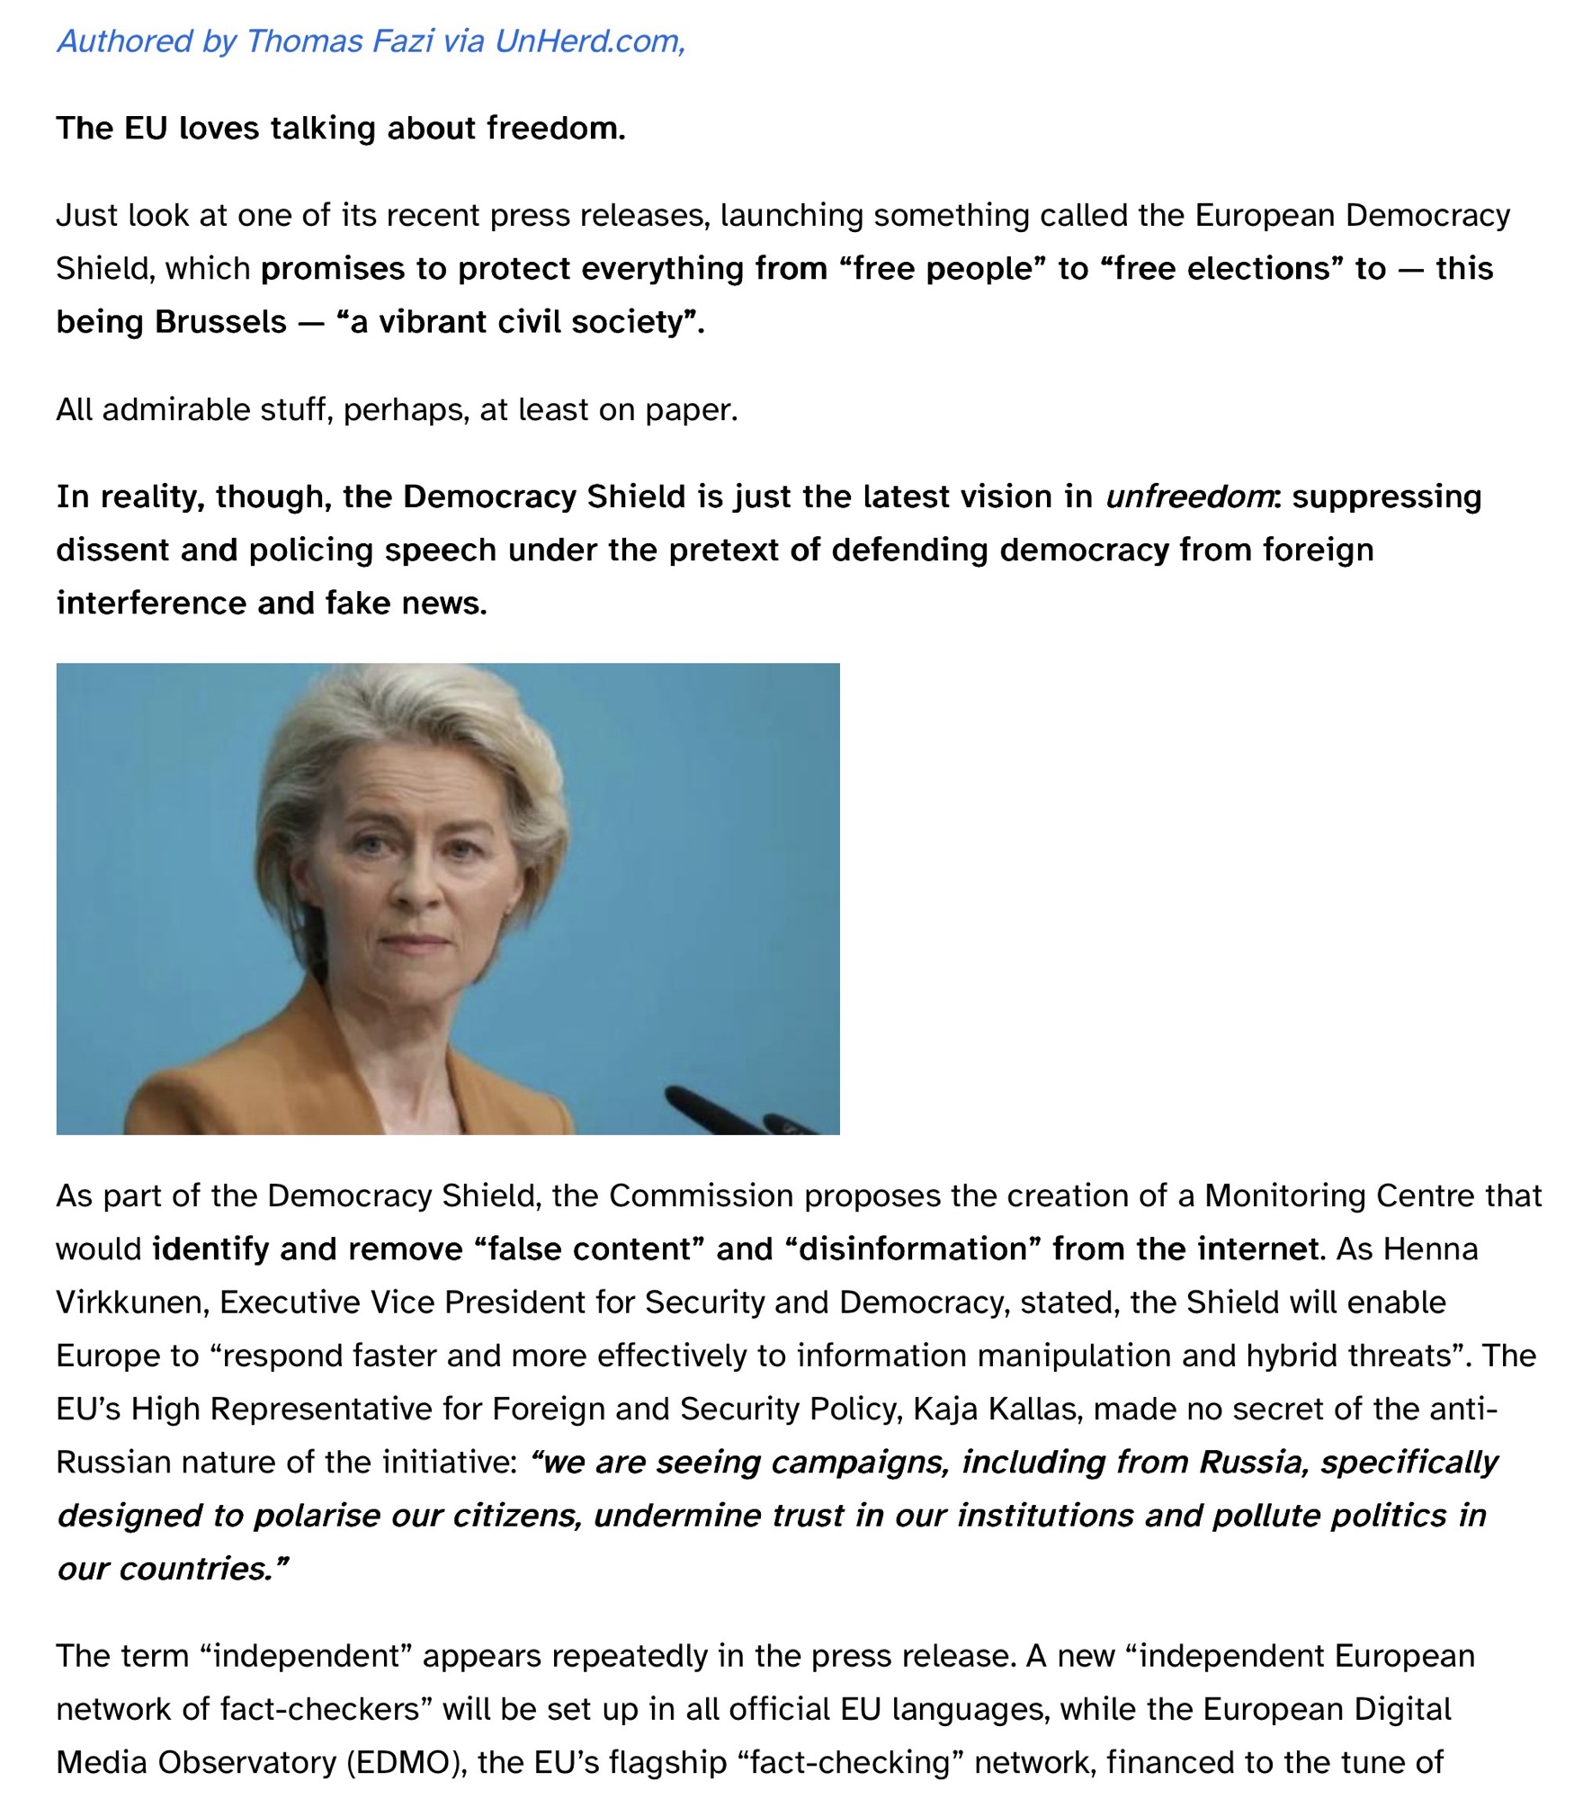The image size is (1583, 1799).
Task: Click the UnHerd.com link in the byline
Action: pyautogui.click(x=589, y=41)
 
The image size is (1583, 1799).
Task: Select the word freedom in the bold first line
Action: pyautogui.click(x=555, y=129)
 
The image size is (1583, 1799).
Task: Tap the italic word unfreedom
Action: pyautogui.click(x=1188, y=497)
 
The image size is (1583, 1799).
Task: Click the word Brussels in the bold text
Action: pyautogui.click(x=220, y=321)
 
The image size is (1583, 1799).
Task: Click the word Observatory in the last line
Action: pyautogui.click(x=246, y=1762)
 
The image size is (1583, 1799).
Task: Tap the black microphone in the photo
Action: pyautogui.click(x=720, y=1111)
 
